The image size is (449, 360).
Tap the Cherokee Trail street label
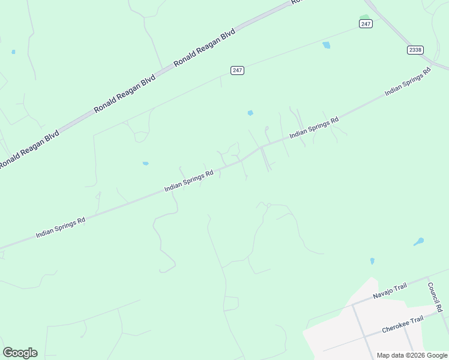(403, 325)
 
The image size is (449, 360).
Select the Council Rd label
(435, 297)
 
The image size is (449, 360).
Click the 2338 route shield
(415, 50)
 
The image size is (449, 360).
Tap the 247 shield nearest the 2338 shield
(366, 23)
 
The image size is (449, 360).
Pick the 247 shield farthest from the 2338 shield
(237, 70)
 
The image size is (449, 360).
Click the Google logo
(20, 353)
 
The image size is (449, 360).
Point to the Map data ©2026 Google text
(412, 355)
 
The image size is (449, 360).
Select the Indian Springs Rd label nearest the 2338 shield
(408, 82)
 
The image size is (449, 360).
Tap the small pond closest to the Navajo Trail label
(372, 261)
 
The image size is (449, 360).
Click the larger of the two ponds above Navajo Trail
(418, 242)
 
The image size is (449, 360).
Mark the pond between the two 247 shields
(326, 45)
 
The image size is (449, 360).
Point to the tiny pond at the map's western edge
(13, 52)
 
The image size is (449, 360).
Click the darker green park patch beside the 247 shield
(364, 17)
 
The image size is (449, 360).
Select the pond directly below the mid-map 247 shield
(250, 113)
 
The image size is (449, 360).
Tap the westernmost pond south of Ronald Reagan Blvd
(145, 163)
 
